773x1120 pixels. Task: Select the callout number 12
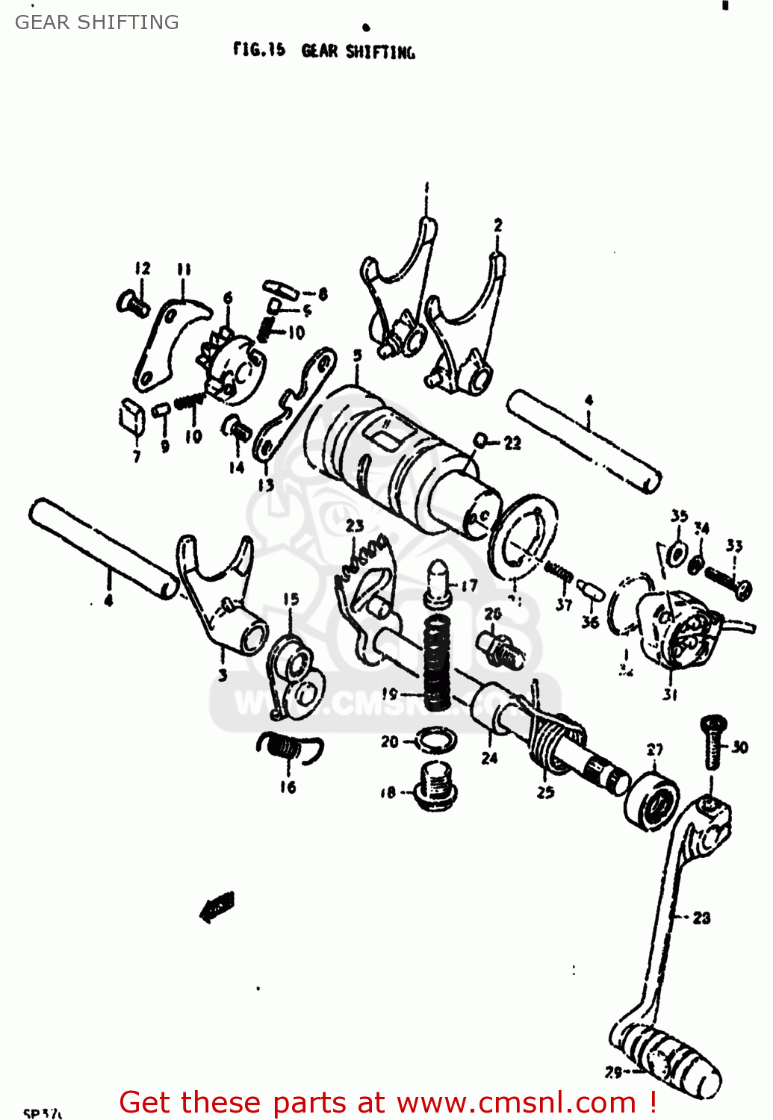(143, 268)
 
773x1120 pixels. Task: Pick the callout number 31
(670, 694)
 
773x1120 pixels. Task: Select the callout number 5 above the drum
(358, 355)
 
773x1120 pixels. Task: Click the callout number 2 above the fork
(498, 225)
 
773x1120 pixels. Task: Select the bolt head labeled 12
(131, 303)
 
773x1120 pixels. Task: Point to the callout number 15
(291, 598)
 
